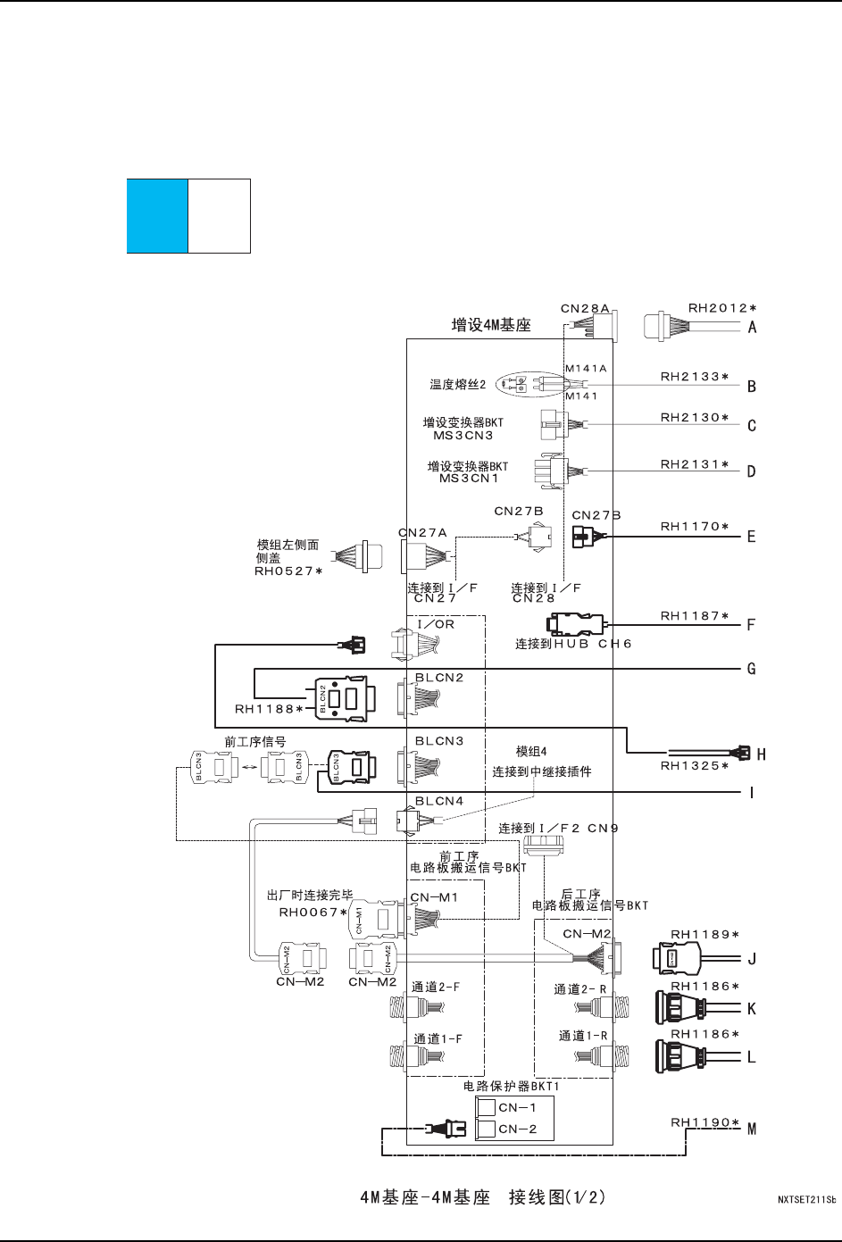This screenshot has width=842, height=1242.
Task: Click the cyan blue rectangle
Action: [x=157, y=215]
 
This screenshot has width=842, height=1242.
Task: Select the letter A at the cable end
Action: [x=752, y=327]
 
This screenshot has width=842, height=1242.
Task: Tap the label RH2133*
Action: [x=694, y=377]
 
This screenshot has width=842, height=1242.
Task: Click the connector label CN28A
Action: [x=585, y=308]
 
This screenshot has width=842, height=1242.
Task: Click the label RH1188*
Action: [x=269, y=709]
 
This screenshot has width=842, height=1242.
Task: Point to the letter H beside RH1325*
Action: [x=761, y=754]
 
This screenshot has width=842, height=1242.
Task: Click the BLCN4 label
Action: [x=439, y=801]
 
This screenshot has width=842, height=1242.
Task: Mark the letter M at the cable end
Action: [x=752, y=1129]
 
